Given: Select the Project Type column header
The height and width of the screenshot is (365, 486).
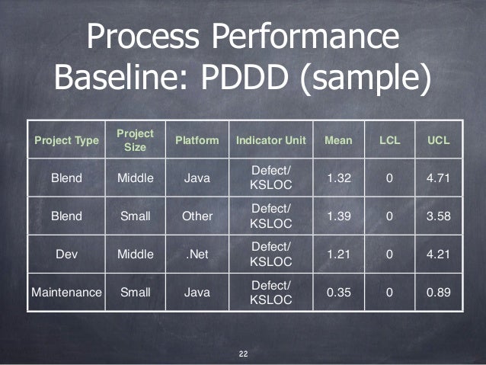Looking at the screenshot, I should (x=66, y=140).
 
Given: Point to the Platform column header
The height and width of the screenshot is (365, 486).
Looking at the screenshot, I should (x=197, y=140).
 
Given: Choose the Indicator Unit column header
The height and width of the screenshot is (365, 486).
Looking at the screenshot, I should (x=270, y=140).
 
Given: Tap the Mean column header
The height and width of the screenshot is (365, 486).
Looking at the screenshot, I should (x=338, y=140).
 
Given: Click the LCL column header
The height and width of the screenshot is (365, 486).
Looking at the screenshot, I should (x=389, y=140).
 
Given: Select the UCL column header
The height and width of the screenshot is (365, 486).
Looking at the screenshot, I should (x=439, y=140).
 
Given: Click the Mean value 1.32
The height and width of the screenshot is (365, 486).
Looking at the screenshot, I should (x=338, y=178).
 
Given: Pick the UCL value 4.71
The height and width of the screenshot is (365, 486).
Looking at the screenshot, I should (x=439, y=178).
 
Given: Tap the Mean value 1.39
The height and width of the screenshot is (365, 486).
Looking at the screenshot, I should (x=338, y=216).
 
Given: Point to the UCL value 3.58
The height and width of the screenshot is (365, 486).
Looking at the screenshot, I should (x=439, y=216).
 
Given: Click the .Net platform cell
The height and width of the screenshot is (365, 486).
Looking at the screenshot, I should (x=197, y=253).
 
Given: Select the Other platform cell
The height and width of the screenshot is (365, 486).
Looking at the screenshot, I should (x=197, y=216).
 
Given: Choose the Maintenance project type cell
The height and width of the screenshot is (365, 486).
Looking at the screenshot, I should (x=66, y=290).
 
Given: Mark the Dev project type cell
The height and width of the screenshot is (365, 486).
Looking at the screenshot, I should (x=66, y=253).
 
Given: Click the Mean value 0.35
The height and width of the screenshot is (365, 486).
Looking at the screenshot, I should (x=338, y=290).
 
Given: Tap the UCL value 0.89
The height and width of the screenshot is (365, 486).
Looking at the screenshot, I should (x=439, y=290).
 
